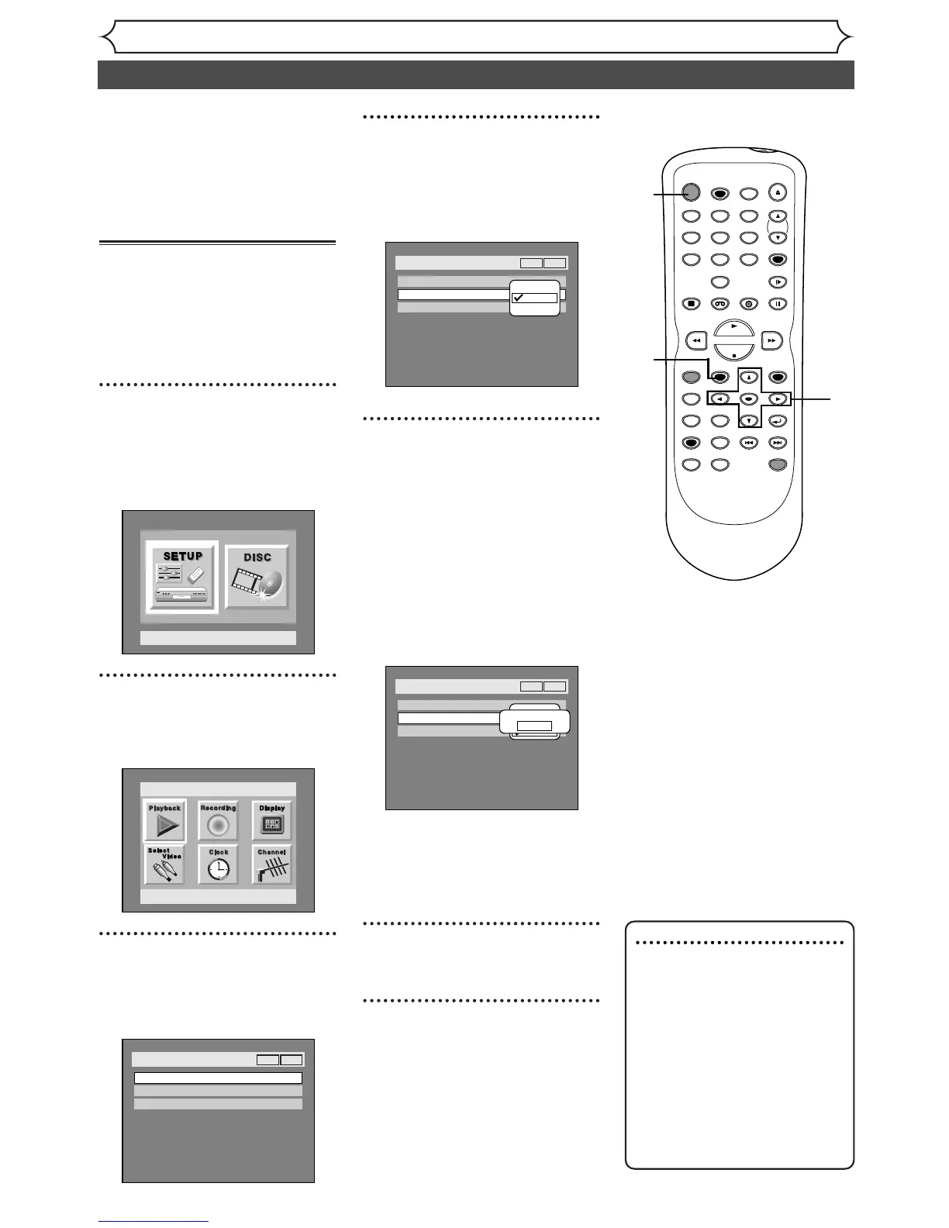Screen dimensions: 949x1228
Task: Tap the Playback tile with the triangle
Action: click(164, 822)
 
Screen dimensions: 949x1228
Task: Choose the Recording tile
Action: click(218, 822)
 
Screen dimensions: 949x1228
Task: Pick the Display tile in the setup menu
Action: click(271, 822)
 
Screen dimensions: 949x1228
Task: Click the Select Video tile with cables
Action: click(164, 864)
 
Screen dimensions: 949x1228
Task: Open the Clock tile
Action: click(218, 864)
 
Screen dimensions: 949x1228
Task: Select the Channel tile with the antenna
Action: click(271, 864)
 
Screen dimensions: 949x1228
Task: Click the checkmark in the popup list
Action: click(518, 298)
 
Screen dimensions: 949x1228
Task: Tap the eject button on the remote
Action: click(777, 193)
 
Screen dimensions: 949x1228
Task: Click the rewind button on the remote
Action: click(697, 340)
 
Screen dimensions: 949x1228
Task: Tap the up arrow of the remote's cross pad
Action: click(748, 378)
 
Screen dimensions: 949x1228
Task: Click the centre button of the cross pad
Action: click(748, 399)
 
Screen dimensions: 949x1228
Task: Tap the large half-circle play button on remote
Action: click(733, 329)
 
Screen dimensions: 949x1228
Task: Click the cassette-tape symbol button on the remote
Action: click(720, 304)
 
